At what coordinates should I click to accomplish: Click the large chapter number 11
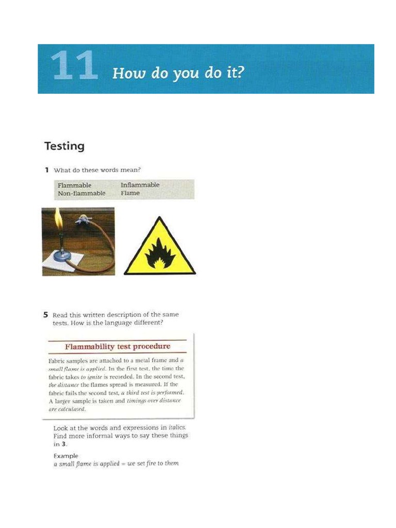[74, 66]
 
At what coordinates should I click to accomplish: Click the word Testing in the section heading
[64, 146]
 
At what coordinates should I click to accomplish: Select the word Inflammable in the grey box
[140, 185]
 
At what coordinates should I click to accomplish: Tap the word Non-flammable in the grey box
[81, 193]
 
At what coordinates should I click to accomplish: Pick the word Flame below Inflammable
[130, 193]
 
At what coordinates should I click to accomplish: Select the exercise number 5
[46, 315]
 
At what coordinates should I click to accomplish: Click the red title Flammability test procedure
[118, 346]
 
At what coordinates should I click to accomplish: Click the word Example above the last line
[66, 456]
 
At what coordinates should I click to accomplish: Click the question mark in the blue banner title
[239, 72]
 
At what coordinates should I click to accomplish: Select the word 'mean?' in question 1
[130, 170]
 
